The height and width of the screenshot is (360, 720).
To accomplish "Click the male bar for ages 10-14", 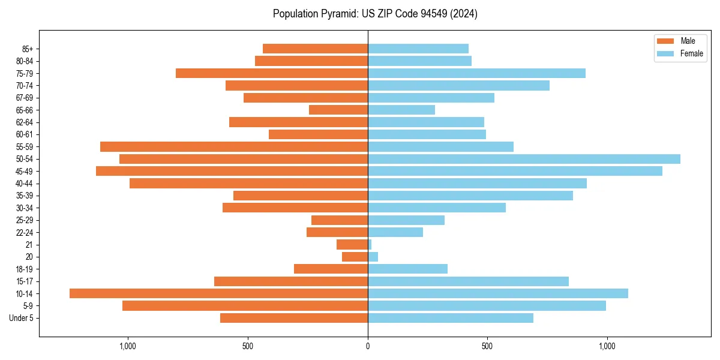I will point(218,293).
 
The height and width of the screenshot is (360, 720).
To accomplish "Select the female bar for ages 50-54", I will point(524,159).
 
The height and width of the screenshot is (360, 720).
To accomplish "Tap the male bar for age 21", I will point(352,245).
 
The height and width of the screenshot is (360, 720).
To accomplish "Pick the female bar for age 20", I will point(373,257).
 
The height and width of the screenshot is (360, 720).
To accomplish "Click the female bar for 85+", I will point(418,49).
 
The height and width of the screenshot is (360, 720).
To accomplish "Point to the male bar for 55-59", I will point(234,146).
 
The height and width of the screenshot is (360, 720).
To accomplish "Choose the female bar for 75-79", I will point(476,73).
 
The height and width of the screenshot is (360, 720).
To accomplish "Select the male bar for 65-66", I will point(338,110).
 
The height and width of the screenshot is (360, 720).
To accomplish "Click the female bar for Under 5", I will point(451,318).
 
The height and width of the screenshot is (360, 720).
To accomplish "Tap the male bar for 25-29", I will point(340,220).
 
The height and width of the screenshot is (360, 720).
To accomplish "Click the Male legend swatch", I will point(665,41).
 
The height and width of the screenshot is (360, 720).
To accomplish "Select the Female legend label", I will point(691,53).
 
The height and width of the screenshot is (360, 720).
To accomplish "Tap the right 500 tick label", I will point(487,346).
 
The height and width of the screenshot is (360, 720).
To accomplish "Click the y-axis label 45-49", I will point(25,172).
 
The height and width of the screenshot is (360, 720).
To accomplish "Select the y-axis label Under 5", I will point(21,318).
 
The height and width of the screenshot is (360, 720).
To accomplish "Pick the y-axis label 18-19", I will point(25,269).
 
